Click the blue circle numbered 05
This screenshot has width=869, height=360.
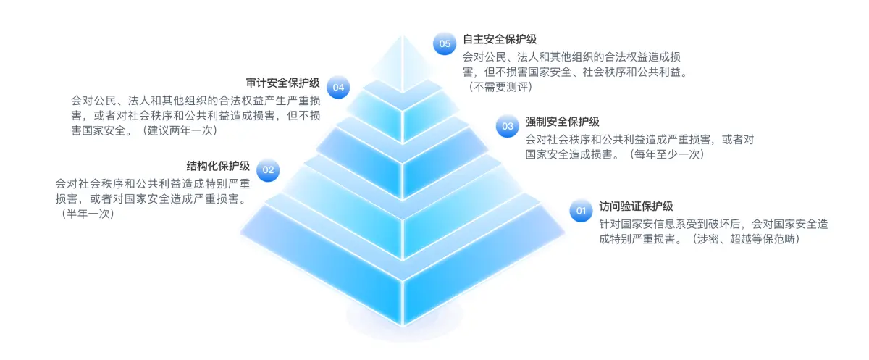coord(445,43)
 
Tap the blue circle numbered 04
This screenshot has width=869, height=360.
coord(338,88)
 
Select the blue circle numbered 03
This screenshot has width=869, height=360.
coord(508,126)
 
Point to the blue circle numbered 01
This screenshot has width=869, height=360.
coord(580,211)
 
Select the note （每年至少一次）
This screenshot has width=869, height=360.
coord(665,154)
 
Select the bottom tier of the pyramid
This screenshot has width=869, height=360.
coord(403,290)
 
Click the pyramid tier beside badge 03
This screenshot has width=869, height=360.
coord(403,152)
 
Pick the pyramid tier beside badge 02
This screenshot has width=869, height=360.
coord(403,196)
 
